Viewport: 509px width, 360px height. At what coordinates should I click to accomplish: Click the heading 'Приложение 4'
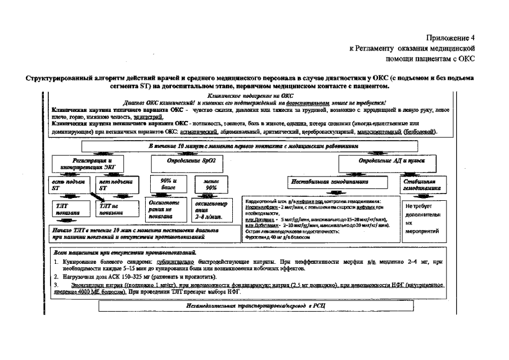coord(451,38)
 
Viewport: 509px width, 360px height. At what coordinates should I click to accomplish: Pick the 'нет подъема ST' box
coord(115,186)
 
